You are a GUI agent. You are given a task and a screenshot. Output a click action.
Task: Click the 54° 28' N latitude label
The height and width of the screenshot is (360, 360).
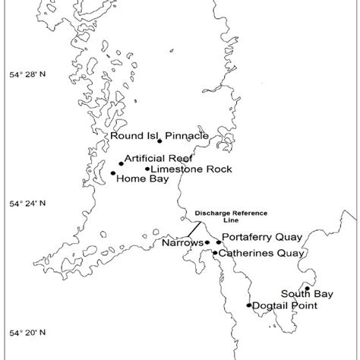point(31,74)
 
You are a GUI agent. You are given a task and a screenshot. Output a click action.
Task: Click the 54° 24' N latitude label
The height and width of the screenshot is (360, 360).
point(31,204)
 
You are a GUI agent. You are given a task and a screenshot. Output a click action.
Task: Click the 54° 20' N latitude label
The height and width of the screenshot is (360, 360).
point(31,333)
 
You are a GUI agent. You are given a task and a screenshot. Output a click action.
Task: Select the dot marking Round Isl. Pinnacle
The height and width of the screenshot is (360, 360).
point(159,141)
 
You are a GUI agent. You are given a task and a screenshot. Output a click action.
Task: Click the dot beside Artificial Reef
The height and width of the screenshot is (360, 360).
point(121,163)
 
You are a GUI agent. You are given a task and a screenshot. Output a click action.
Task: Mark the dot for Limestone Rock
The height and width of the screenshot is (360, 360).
point(147,169)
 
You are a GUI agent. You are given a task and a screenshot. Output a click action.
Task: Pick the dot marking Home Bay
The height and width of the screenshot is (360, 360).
point(113,173)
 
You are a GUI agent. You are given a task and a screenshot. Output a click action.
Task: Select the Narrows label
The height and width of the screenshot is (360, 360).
point(182,244)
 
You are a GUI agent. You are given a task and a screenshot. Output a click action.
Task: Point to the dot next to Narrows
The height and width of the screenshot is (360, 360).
point(207,242)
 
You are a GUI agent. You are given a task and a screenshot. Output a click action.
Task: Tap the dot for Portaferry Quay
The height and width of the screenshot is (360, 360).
point(219,242)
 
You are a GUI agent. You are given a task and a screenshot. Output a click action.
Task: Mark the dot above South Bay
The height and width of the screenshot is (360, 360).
point(307,289)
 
